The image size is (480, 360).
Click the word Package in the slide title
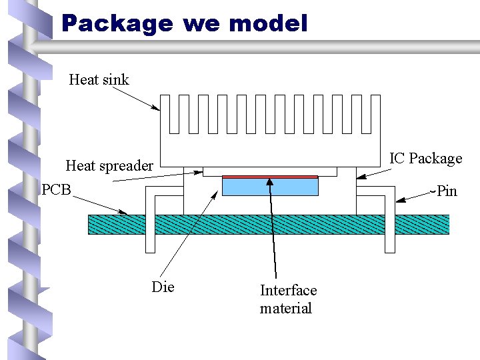[117, 25]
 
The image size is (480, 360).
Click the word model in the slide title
[268, 25]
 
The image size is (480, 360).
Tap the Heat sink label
[99, 80]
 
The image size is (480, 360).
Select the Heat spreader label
[109, 165]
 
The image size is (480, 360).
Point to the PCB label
[56, 190]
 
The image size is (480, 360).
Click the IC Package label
[425, 159]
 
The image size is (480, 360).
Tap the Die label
[163, 287]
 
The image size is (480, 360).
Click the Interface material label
[287, 299]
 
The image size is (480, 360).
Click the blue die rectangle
[269, 187]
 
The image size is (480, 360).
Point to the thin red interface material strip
[269, 177]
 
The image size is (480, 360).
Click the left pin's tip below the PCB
[150, 250]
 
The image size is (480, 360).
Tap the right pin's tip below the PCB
[389, 250]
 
